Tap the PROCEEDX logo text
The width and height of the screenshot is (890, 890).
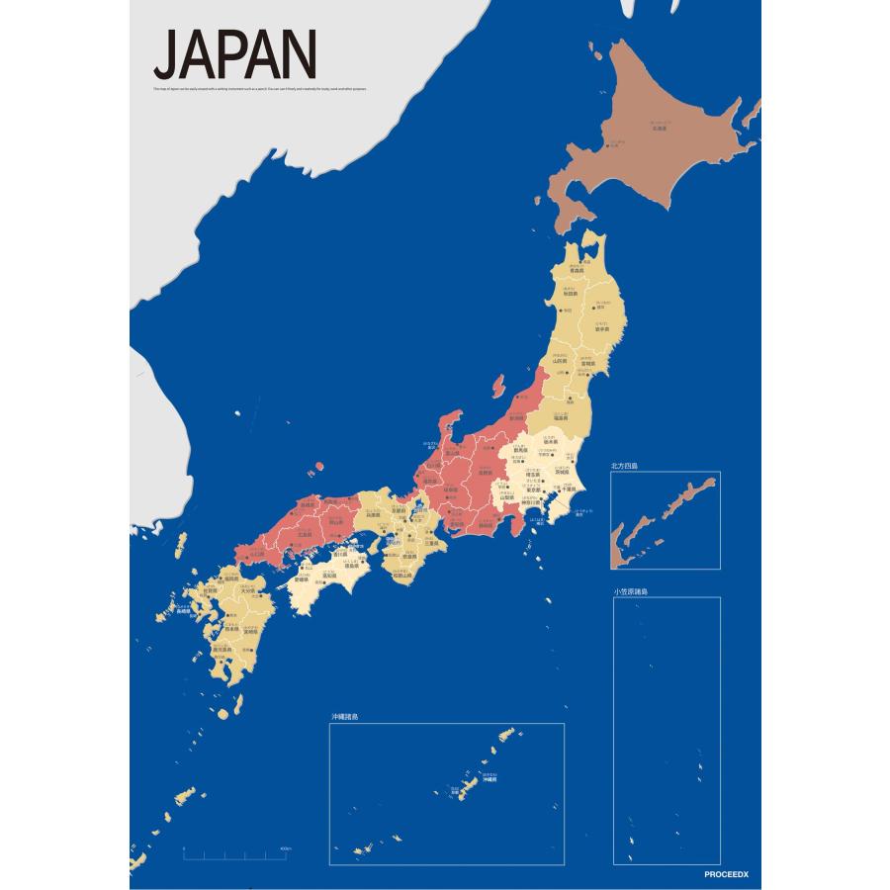click(x=731, y=875)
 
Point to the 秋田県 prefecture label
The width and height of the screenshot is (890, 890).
click(x=571, y=294)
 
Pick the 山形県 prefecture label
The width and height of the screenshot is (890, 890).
click(x=560, y=361)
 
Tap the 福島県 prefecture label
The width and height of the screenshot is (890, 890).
click(x=561, y=417)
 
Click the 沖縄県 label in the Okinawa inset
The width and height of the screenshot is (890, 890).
click(x=489, y=779)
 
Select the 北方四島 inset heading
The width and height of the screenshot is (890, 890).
click(x=624, y=467)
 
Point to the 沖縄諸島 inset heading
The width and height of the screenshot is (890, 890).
click(x=344, y=717)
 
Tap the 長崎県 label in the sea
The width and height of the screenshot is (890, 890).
click(x=184, y=611)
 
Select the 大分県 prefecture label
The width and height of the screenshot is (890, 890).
click(x=249, y=590)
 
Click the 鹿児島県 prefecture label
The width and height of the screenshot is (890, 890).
click(x=222, y=649)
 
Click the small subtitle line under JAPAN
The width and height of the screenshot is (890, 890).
click(x=260, y=88)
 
